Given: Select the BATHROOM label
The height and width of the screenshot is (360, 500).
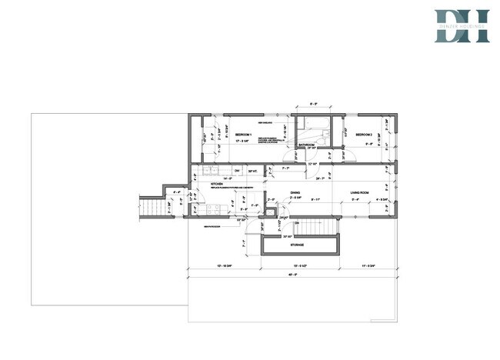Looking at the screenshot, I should click(307, 144).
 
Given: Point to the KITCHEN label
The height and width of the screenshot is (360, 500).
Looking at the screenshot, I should click(217, 185).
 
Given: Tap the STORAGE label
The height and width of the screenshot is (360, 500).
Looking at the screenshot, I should click(297, 245).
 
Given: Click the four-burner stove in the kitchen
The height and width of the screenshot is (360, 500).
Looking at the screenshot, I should click(216, 207).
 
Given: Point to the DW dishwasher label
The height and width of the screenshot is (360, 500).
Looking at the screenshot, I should click(237, 170).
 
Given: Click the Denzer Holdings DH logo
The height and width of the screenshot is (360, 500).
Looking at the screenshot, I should click(461, 25).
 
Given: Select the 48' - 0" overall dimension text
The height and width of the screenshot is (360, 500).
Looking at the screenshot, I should click(292, 275).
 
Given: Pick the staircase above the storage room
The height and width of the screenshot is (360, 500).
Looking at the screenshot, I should click(310, 226).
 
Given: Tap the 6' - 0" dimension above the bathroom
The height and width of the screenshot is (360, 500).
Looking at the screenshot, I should click(312, 102).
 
